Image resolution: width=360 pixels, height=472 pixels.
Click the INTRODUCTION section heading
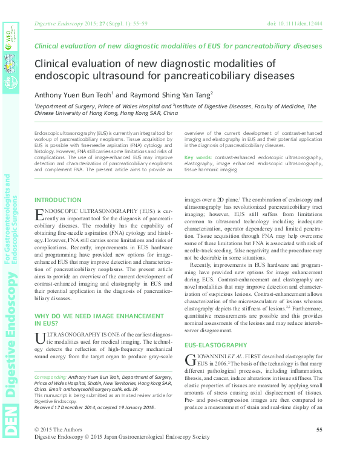(58, 200)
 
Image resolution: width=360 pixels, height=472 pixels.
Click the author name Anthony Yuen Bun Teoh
(73, 94)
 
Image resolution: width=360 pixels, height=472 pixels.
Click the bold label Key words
(198, 157)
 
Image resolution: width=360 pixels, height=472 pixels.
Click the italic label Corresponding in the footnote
(50, 376)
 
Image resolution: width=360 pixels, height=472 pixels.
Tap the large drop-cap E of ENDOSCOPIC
(39, 215)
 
